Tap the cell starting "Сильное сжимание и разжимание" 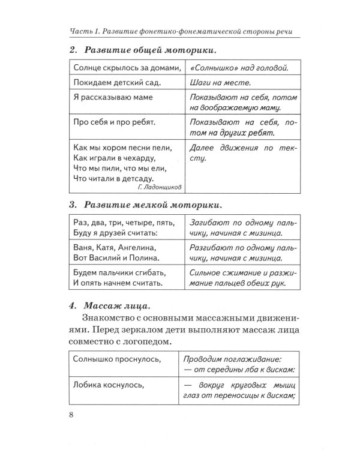238,278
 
